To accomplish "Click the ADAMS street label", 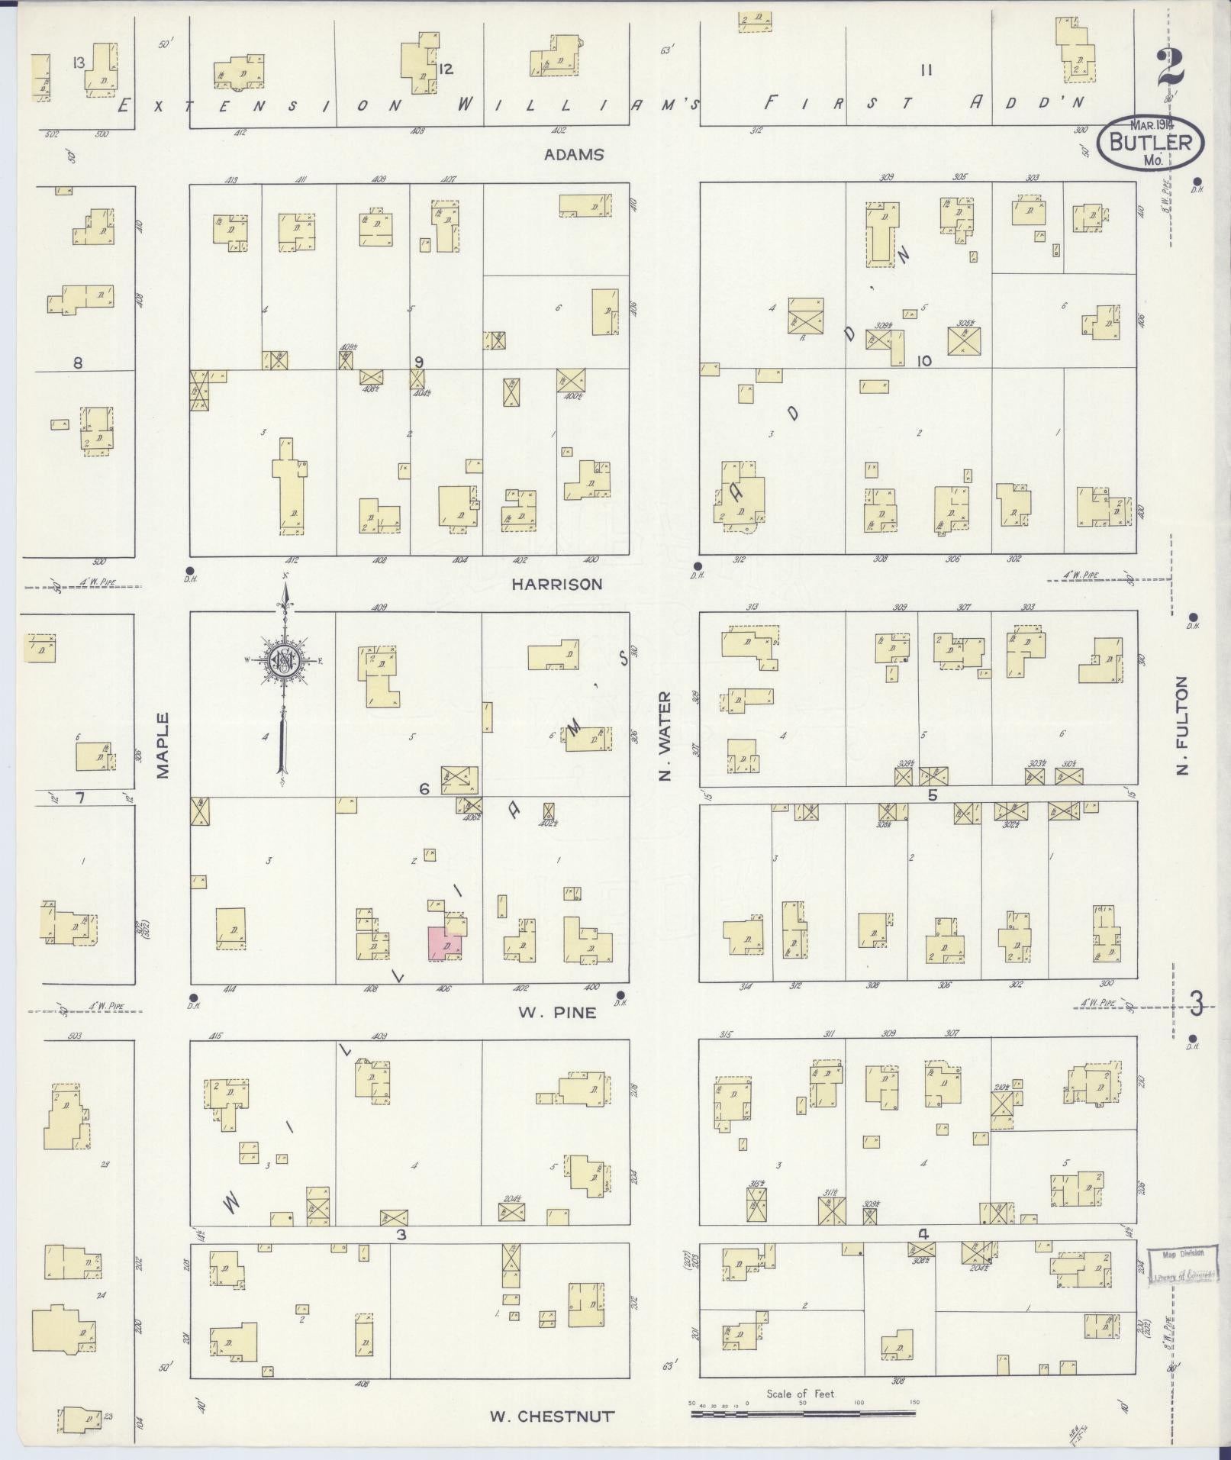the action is click(574, 154).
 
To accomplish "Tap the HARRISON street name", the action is click(556, 584).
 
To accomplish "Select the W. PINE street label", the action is click(557, 1012).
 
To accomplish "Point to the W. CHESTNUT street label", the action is click(551, 1416).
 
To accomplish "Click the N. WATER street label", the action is click(665, 736).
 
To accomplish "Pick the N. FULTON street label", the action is click(1183, 725).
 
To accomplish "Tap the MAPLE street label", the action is click(162, 745).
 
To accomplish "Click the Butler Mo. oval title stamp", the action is click(1149, 143).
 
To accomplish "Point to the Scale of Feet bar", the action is click(803, 1413).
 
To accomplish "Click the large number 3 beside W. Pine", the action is click(1194, 1004).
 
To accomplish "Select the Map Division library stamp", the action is click(1182, 1265).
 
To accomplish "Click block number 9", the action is click(418, 362).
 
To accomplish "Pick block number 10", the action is click(924, 361).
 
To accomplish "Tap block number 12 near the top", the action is click(446, 69).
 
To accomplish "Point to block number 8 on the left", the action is click(77, 363).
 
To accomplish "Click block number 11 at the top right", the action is click(926, 71).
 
